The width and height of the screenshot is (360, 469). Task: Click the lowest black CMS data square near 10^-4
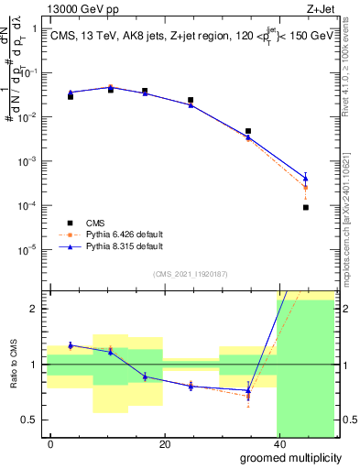(305, 208)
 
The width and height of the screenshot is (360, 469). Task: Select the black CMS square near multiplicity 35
(248, 131)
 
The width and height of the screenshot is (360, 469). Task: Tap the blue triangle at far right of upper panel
(305, 178)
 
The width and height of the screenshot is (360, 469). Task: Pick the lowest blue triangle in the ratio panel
(248, 391)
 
